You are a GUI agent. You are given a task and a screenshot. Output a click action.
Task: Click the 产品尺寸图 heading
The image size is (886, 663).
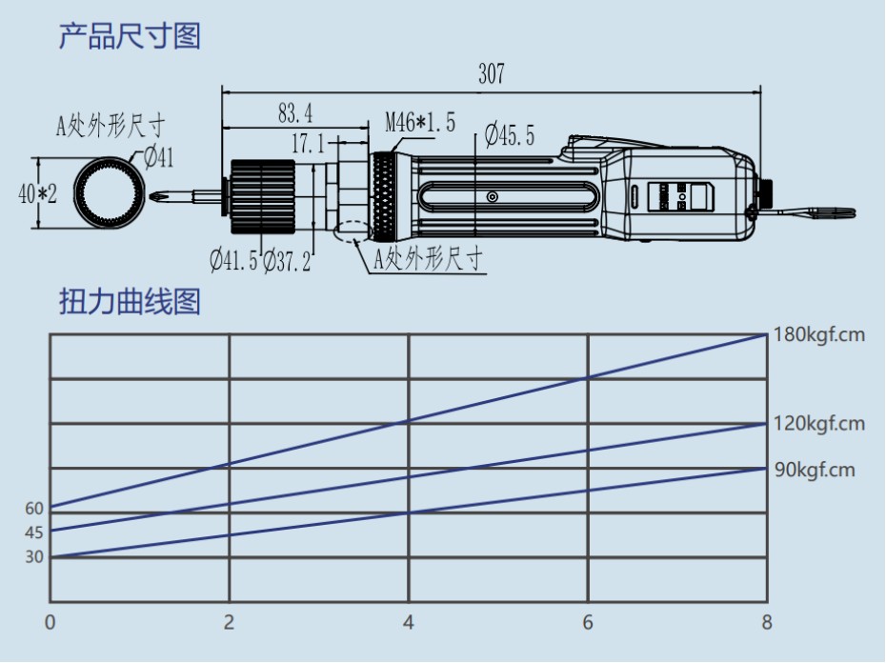[130, 37]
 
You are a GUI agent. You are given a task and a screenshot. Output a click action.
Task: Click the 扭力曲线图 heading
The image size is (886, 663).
[130, 303]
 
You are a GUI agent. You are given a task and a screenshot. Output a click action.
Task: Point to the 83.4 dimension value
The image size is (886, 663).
[295, 113]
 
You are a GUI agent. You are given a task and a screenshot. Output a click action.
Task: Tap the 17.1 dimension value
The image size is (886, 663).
[308, 144]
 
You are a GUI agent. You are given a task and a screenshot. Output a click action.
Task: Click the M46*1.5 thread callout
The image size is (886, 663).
[420, 123]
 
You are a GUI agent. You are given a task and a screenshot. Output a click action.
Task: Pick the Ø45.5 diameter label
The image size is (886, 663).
[509, 135]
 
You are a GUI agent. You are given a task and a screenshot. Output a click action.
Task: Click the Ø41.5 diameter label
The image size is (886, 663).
[233, 258]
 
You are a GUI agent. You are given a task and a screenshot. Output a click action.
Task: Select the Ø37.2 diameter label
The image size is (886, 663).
[286, 258]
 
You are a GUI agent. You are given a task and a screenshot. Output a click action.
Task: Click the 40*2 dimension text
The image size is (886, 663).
[38, 193]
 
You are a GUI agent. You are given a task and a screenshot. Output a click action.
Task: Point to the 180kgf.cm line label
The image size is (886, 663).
[820, 335]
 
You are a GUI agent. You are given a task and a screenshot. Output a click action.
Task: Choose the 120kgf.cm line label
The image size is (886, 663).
[820, 424]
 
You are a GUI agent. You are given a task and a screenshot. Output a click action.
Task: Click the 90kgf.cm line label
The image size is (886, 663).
[816, 469]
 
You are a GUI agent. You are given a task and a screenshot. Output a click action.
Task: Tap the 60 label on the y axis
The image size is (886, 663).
[34, 509]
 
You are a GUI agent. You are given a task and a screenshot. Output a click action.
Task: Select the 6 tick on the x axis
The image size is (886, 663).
[588, 623]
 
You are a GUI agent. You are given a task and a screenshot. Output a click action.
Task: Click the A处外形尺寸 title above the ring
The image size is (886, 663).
[111, 125]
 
